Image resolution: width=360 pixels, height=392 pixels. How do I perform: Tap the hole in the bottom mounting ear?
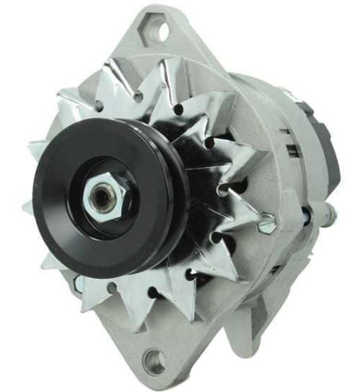154,363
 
